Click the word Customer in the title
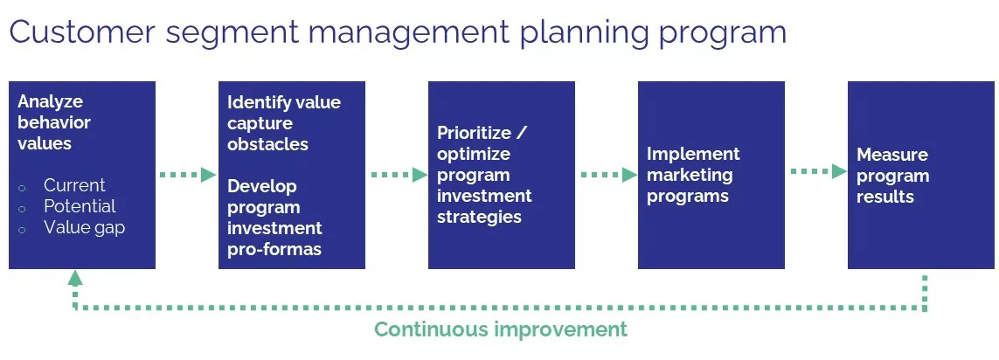pos(82,31)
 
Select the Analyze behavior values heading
pos(54,122)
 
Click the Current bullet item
pos(74,185)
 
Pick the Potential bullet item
pos(80,206)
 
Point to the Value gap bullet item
pos(84,227)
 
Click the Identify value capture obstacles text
pos(284,123)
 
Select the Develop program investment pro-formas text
pos(274,218)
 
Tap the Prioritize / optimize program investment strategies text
pos(484,175)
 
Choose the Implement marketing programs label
pos(693,175)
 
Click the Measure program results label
pos(892,176)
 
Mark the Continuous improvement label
pos(501,329)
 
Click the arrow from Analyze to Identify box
pos(187,175)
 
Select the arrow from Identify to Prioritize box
pos(399,175)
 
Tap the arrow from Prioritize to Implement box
pos(608,175)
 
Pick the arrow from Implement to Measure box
pos(818,171)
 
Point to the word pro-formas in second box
pos(274,248)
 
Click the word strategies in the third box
pos(479,217)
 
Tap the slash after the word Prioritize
pos(522,134)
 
